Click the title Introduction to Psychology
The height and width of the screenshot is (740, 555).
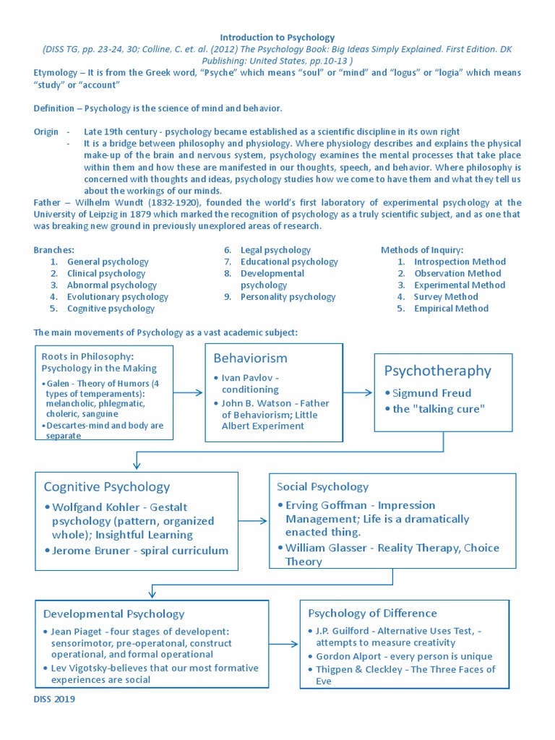click(x=277, y=37)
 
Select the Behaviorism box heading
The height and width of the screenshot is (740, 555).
click(x=250, y=358)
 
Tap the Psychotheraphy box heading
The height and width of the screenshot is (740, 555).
click(x=437, y=371)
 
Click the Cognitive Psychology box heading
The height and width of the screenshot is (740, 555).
click(x=107, y=486)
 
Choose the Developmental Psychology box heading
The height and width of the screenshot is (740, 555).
click(x=114, y=614)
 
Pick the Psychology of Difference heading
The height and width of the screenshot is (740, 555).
click(x=372, y=613)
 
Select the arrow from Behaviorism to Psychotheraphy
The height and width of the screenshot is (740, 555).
click(x=358, y=392)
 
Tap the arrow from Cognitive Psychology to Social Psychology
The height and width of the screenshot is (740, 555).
click(x=253, y=520)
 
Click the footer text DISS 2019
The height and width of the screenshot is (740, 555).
click(x=54, y=699)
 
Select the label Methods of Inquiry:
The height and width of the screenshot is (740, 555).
click(x=422, y=250)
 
